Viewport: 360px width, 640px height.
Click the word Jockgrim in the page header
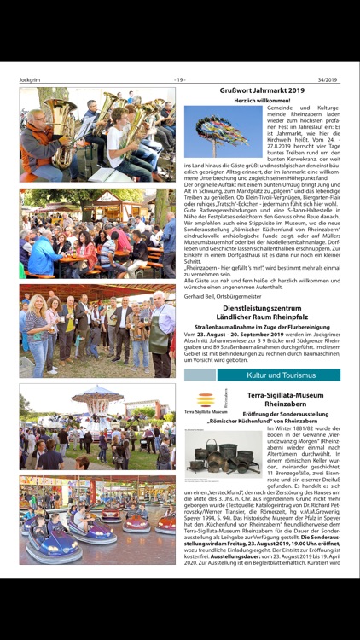click(30, 80)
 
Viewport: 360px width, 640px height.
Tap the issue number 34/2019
click(328, 80)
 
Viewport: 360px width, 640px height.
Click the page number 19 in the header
click(180, 80)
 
